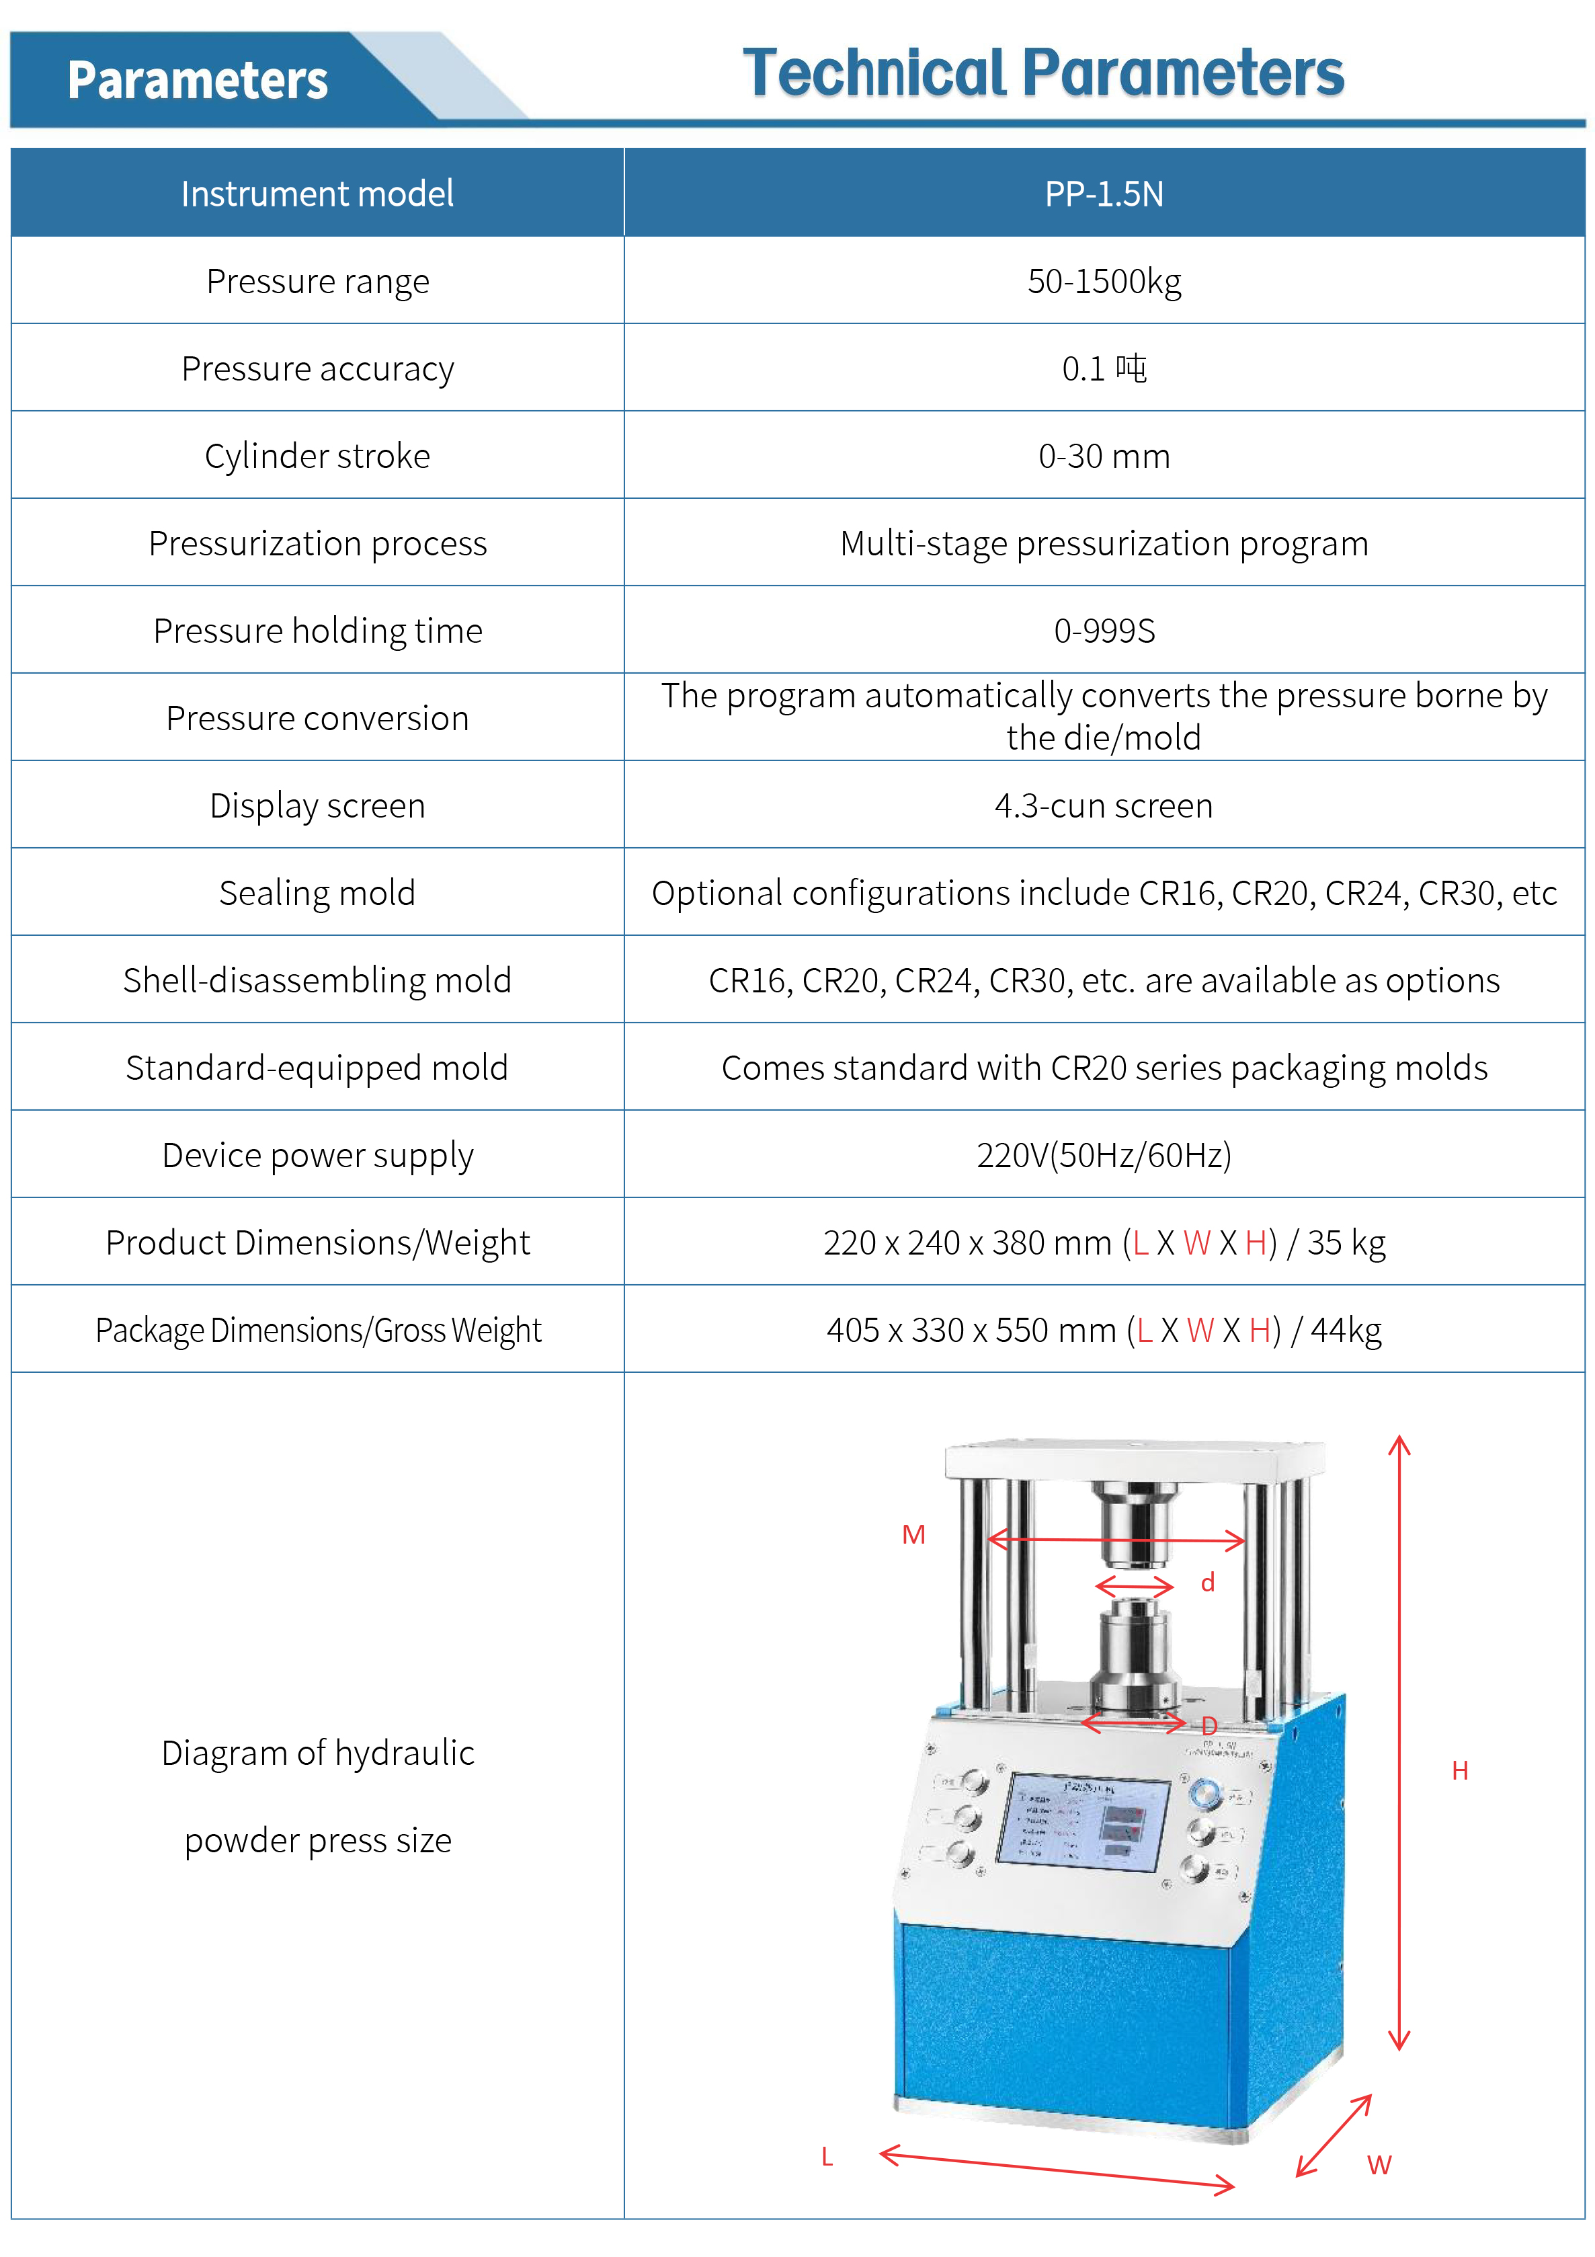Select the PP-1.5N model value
1104,194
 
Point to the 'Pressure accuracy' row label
317,368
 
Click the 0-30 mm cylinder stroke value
1104,456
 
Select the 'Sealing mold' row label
317,894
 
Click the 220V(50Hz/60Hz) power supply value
1104,1155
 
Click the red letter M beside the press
913,1534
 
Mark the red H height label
1459,1770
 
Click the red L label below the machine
827,2157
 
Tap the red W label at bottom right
1379,2165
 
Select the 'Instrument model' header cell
317,194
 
